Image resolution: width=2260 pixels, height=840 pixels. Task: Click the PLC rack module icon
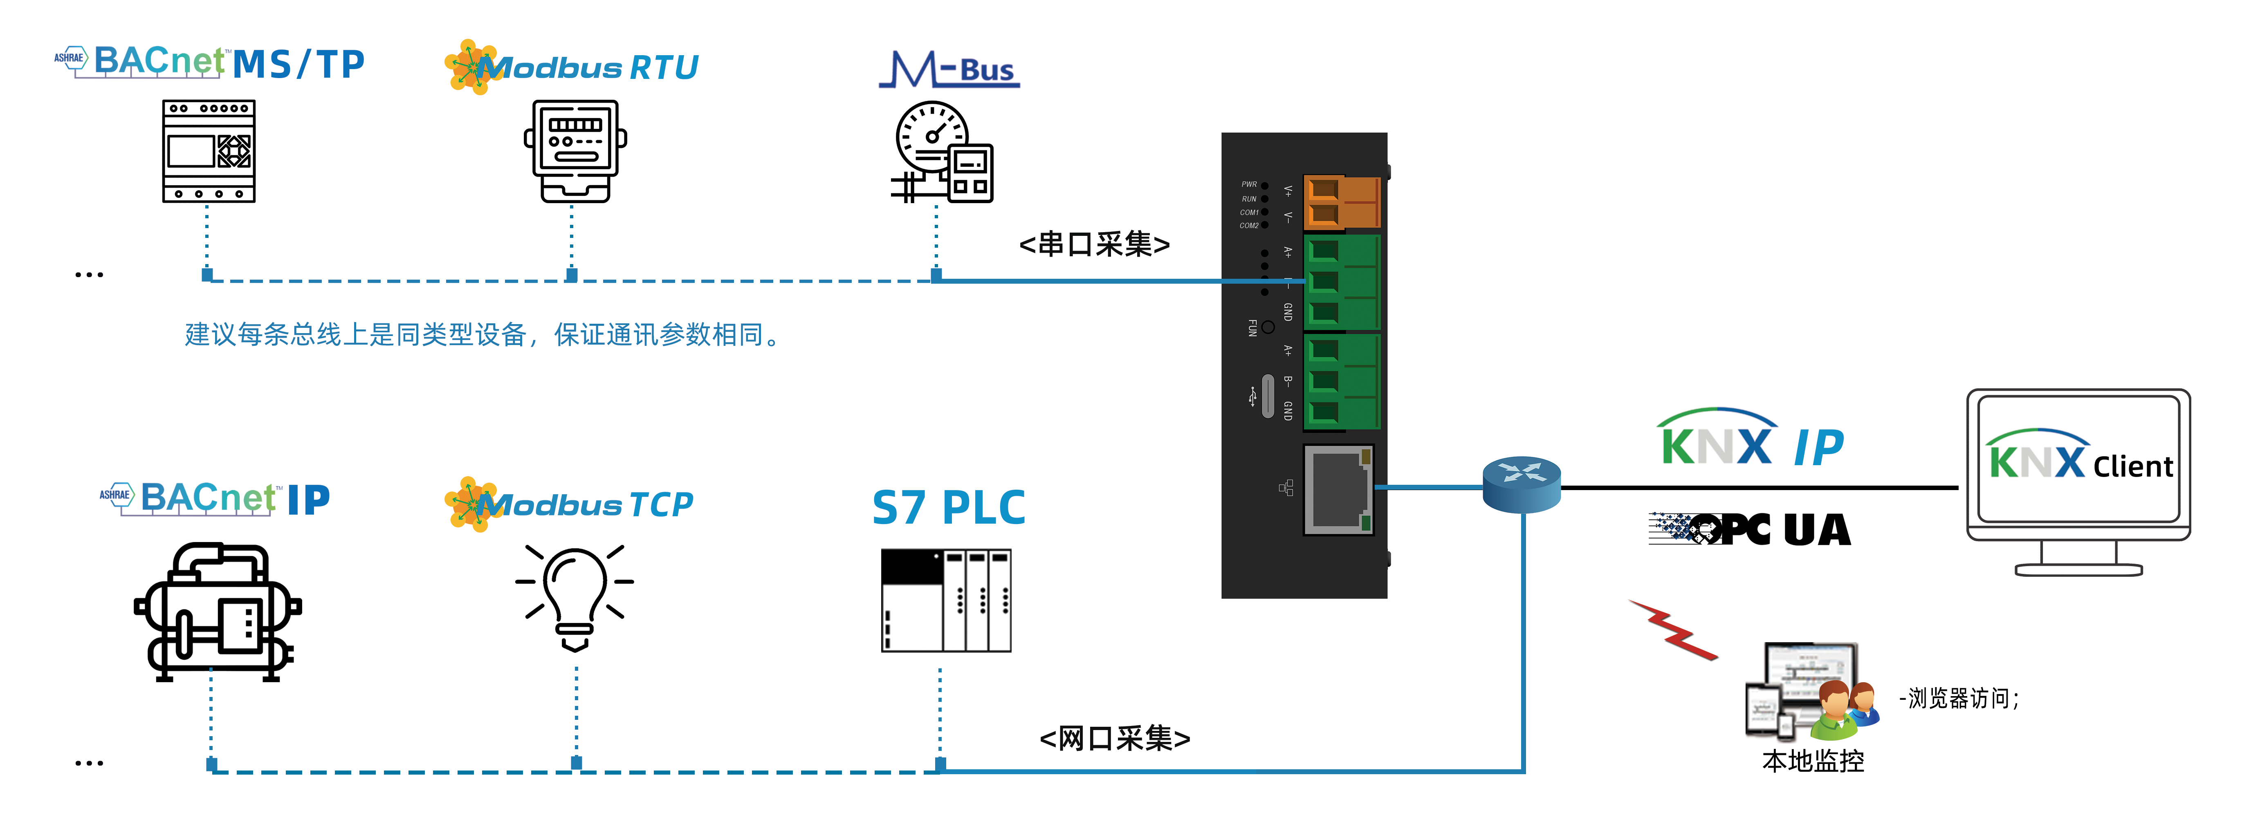point(946,600)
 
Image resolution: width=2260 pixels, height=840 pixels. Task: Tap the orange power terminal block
point(1340,202)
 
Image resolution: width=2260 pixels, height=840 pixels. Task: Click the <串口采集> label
point(1094,244)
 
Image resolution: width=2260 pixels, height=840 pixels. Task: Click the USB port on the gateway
point(1267,396)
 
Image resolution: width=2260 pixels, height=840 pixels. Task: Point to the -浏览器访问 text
point(1958,699)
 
